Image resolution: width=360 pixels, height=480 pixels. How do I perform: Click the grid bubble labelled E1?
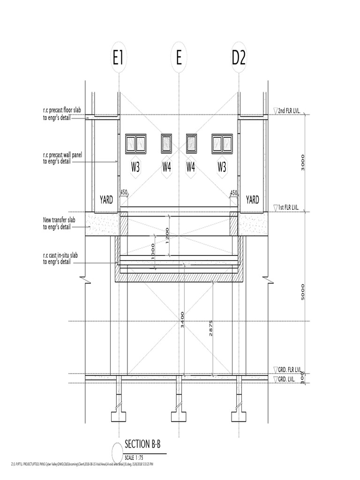(x=118, y=59)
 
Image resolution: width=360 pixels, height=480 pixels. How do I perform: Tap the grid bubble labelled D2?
(x=239, y=59)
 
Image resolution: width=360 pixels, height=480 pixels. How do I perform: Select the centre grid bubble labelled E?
(x=179, y=59)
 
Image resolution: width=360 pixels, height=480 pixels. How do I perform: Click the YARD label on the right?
(x=253, y=200)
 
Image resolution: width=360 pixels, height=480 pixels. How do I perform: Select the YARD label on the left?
(x=106, y=200)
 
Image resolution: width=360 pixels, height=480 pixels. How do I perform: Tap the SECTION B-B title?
(x=145, y=444)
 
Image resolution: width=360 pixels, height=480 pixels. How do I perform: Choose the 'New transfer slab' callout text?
(x=62, y=223)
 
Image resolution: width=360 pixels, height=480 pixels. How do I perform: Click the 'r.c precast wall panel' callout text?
(x=66, y=157)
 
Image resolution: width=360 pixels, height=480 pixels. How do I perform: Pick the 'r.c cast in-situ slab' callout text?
(x=63, y=258)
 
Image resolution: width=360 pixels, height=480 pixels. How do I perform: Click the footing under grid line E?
(x=179, y=416)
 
